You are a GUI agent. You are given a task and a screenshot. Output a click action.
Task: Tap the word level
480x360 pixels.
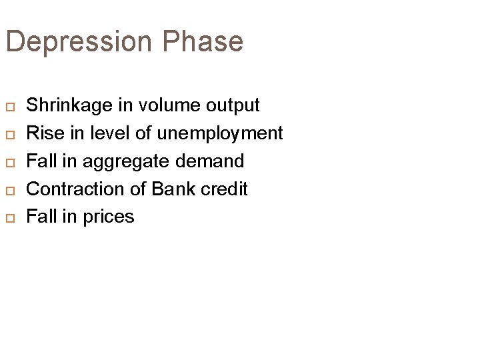[110, 133]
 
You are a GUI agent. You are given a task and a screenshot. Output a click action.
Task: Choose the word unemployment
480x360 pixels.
[220, 133]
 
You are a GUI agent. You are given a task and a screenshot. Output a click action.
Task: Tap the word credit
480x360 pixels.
[223, 189]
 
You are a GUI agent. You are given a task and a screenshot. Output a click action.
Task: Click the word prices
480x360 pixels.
[107, 217]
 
